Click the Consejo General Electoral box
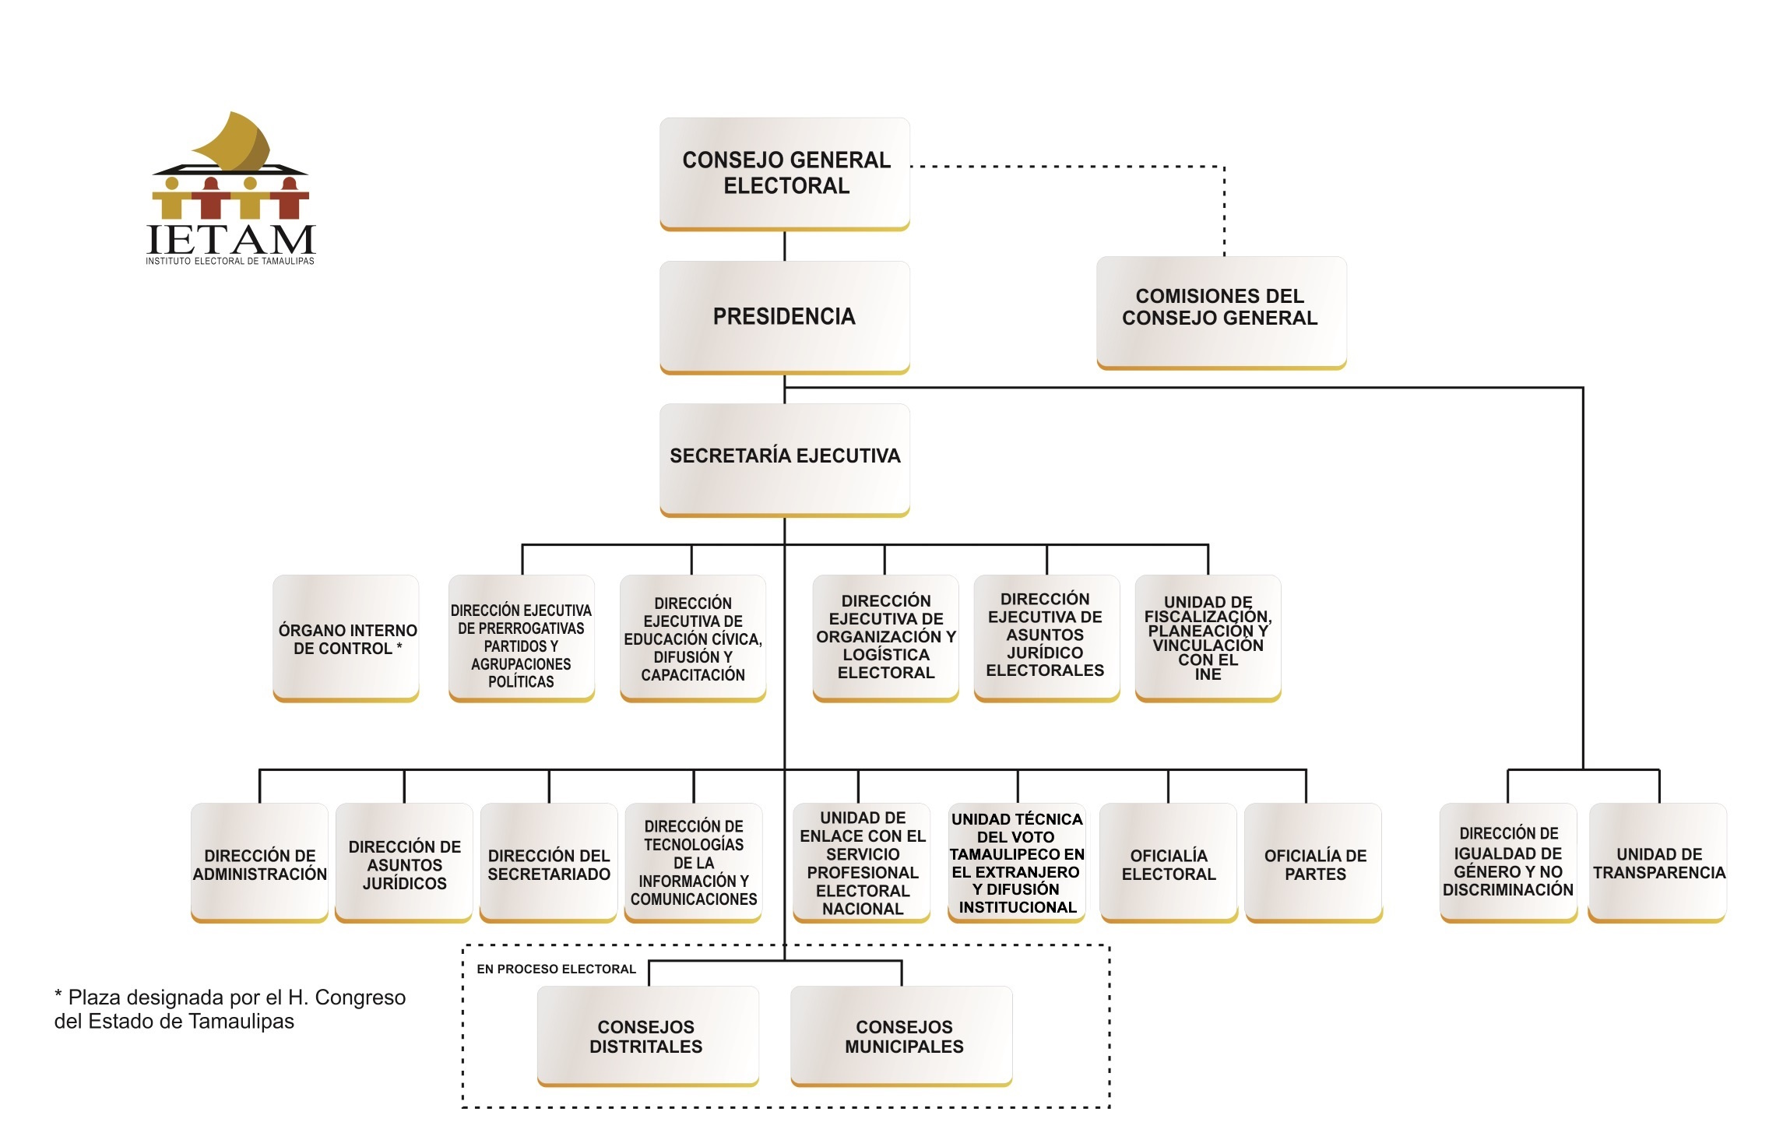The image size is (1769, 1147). tap(785, 174)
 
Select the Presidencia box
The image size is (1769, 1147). tap(785, 317)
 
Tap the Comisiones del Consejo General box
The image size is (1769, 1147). tap(1221, 313)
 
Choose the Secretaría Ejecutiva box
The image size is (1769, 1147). tap(785, 460)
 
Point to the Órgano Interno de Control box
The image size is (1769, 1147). tap(346, 639)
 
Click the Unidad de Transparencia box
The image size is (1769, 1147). tap(1658, 863)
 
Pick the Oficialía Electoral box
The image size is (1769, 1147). tap(1169, 863)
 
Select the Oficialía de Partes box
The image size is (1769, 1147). tap(1314, 863)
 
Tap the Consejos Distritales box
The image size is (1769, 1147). tap(648, 1036)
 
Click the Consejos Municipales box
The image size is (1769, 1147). tap(902, 1036)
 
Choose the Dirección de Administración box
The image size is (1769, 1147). tap(259, 863)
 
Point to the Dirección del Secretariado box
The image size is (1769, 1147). tap(549, 863)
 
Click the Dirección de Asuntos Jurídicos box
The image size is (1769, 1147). tap(404, 863)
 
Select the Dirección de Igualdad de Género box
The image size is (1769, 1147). tap(1508, 863)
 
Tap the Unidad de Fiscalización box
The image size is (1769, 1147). tap(1208, 639)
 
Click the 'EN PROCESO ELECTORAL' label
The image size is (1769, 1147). tap(557, 969)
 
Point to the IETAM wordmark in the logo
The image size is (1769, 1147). tap(230, 239)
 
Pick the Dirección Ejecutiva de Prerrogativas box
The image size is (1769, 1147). tap(522, 639)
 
